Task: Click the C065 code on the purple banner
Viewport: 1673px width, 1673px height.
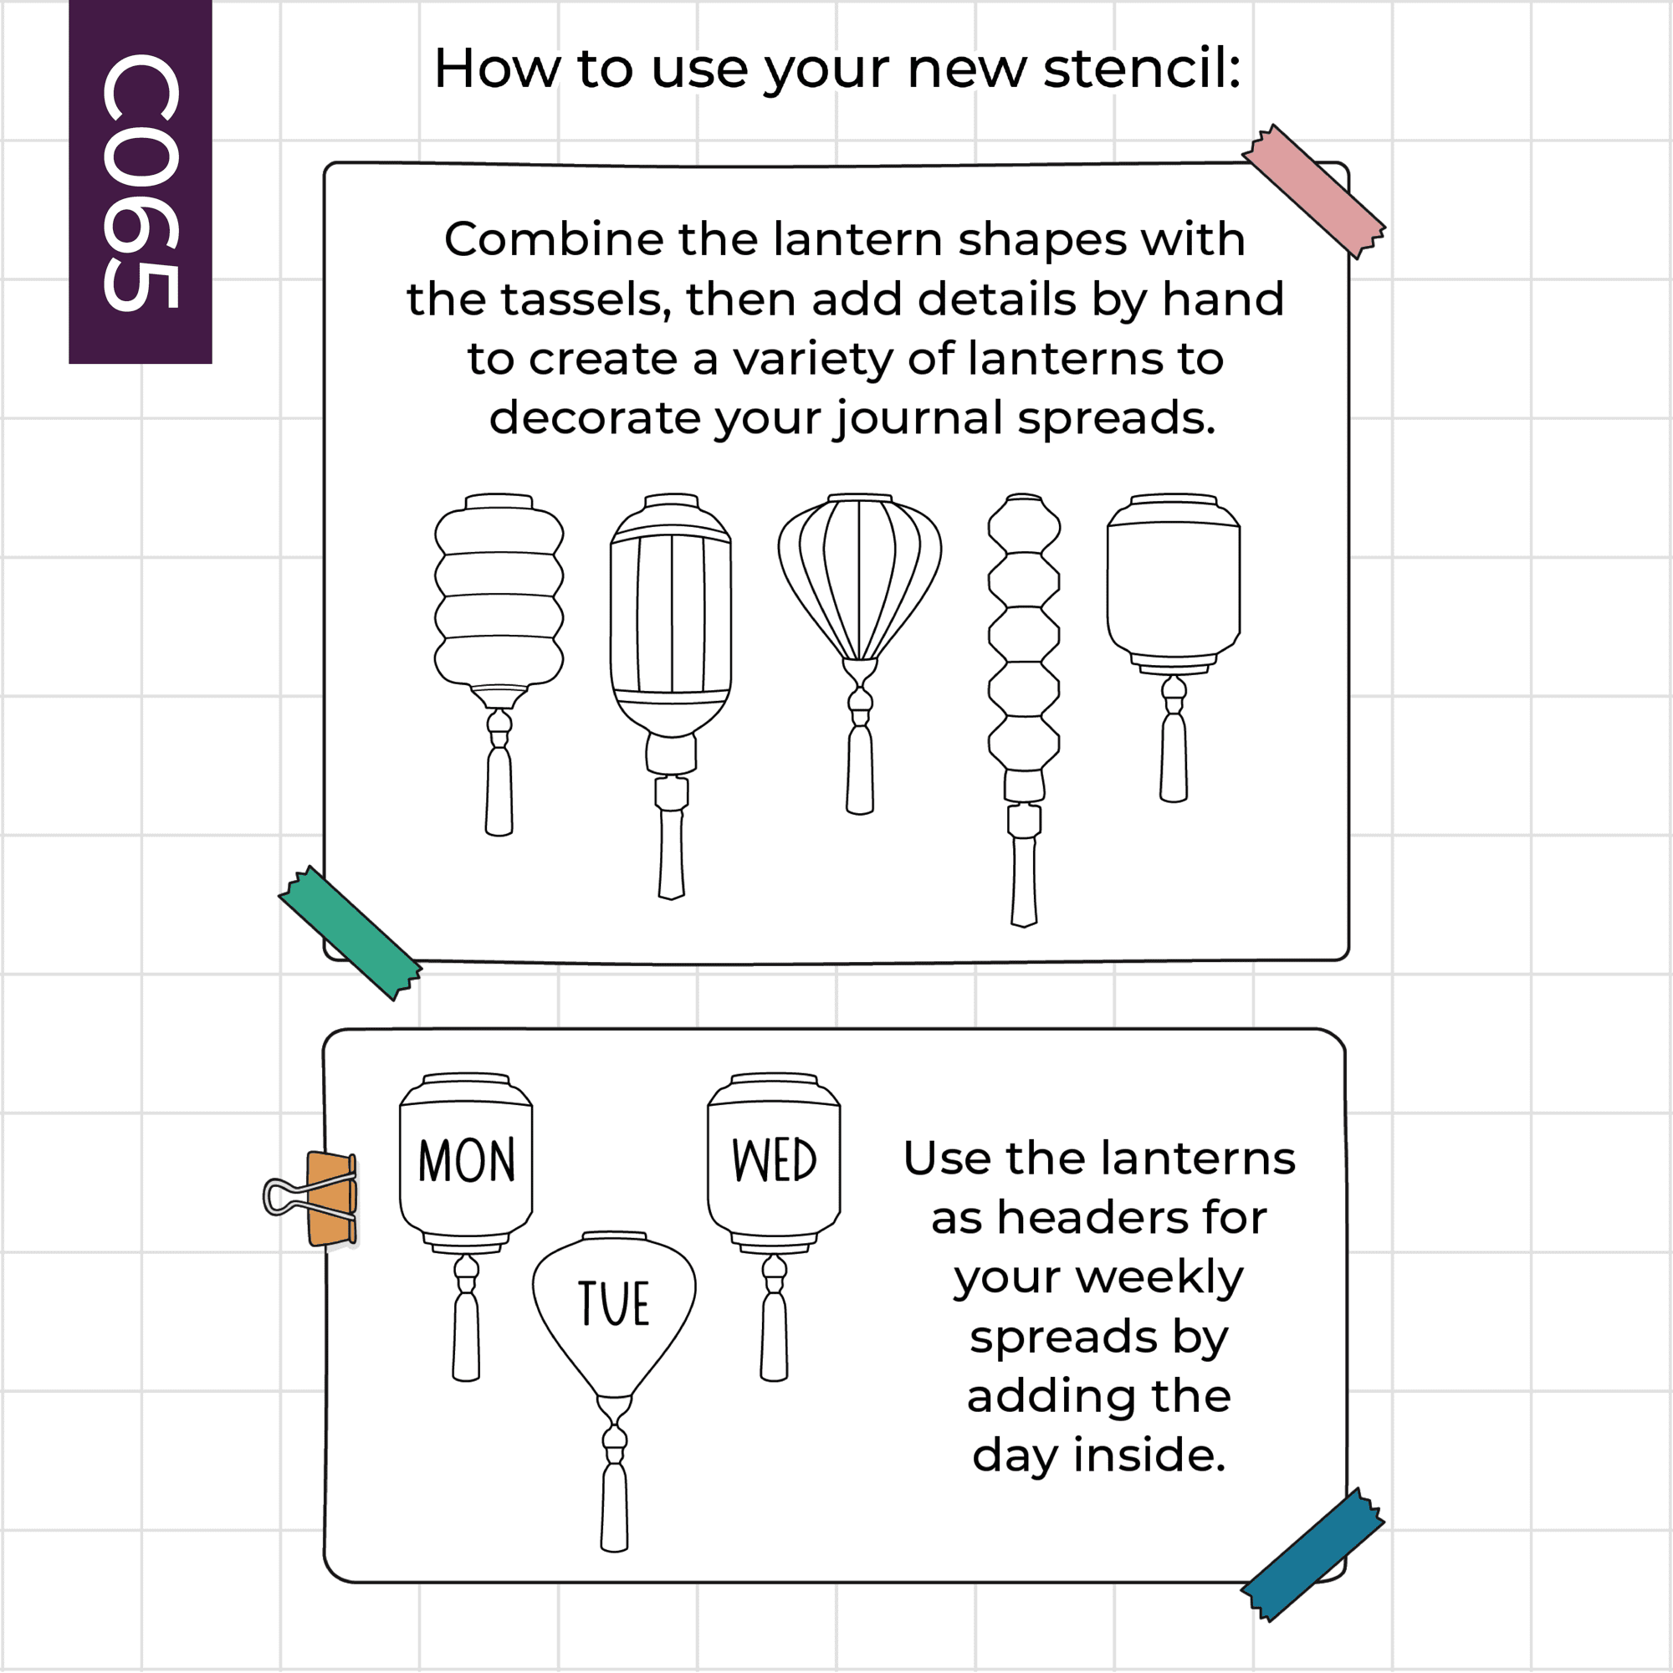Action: [x=141, y=182]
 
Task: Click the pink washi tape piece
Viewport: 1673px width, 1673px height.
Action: [x=1313, y=192]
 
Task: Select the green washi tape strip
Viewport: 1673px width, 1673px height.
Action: [x=350, y=933]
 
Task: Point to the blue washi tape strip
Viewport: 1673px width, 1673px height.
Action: [x=1312, y=1554]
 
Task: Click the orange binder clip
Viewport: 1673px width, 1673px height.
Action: [x=312, y=1199]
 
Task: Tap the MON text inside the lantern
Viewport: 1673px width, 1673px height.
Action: [x=466, y=1161]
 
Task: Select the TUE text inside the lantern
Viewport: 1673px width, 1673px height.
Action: [x=614, y=1303]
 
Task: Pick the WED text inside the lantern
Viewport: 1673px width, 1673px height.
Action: [x=774, y=1160]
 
